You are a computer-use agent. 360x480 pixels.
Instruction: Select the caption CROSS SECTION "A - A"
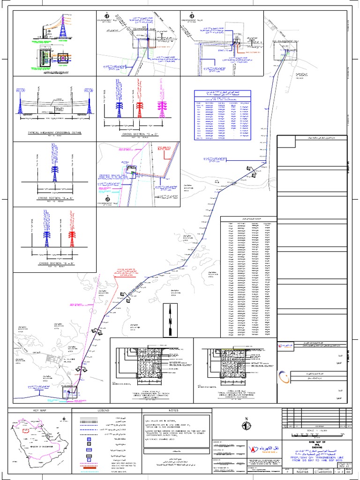click(x=55, y=199)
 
